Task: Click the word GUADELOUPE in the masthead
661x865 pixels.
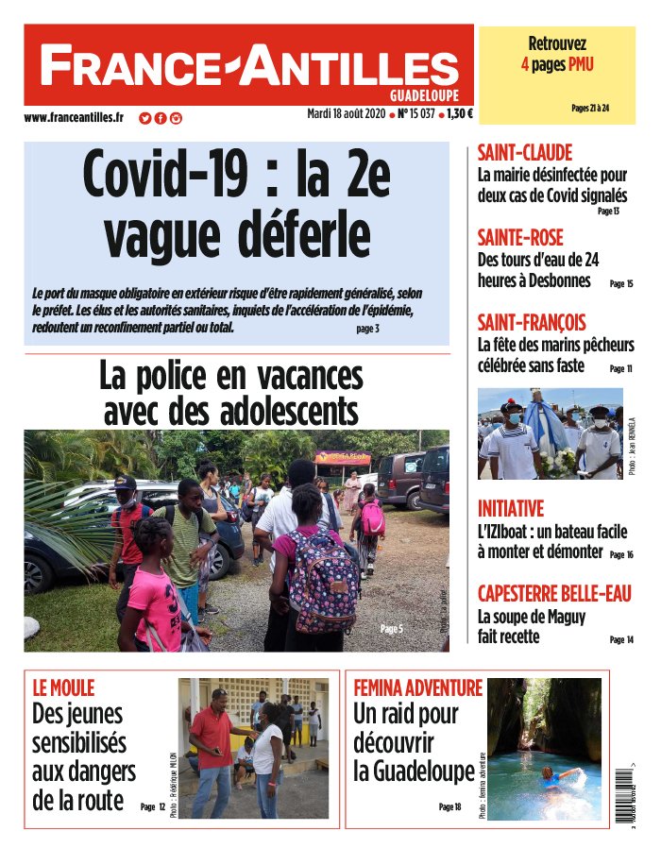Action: point(425,95)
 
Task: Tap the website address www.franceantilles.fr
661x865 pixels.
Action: point(74,118)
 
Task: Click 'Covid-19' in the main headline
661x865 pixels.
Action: point(168,174)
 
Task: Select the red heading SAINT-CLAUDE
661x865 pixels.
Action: point(525,153)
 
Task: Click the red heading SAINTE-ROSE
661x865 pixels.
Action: point(520,237)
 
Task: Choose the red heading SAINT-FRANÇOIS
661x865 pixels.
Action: point(532,322)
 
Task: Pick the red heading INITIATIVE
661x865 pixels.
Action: point(511,508)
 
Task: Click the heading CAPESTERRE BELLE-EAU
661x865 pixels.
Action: point(554,594)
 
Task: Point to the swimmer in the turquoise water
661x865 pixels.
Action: point(551,776)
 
